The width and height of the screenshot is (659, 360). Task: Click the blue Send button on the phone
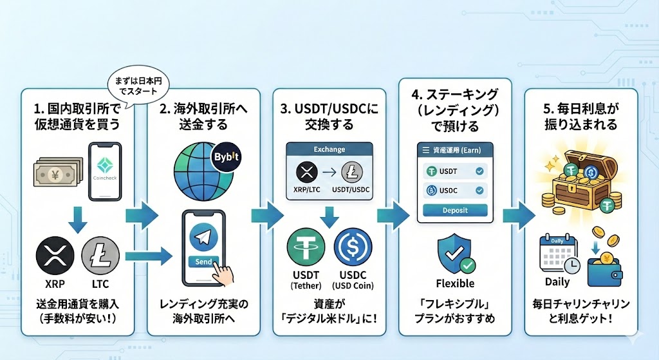pos(203,262)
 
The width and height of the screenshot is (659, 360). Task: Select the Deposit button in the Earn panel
pos(455,211)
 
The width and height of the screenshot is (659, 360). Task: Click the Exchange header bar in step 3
pos(329,149)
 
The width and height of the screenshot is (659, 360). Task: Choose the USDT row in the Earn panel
pos(455,172)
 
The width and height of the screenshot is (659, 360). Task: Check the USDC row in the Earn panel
pos(455,191)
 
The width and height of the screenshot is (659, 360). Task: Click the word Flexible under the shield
pos(455,283)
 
